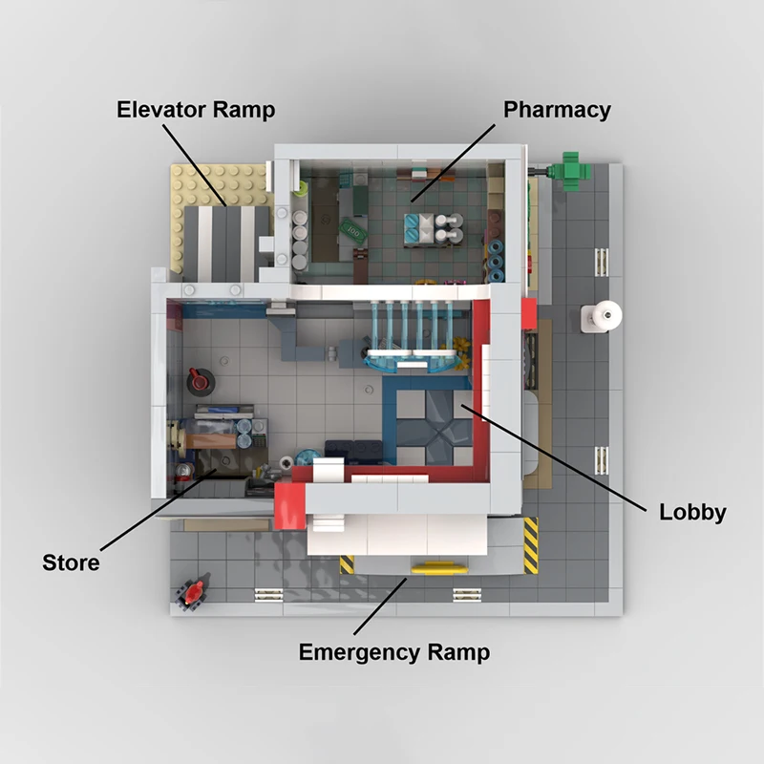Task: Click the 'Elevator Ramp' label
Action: (x=196, y=110)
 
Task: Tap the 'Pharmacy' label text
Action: (x=557, y=110)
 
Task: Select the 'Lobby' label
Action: (x=692, y=513)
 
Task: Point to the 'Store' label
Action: (x=71, y=562)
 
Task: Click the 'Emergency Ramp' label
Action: (x=394, y=652)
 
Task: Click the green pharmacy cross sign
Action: (x=569, y=171)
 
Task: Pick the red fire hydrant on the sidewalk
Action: (x=194, y=592)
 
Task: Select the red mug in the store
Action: (x=200, y=380)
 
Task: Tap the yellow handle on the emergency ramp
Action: (x=439, y=568)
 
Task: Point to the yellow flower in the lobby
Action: (x=461, y=352)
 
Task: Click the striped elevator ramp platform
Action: (x=227, y=244)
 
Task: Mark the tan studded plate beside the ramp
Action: (x=220, y=185)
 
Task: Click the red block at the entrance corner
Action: (x=289, y=506)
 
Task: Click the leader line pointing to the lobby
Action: (x=554, y=458)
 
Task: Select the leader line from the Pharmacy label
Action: (x=453, y=162)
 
